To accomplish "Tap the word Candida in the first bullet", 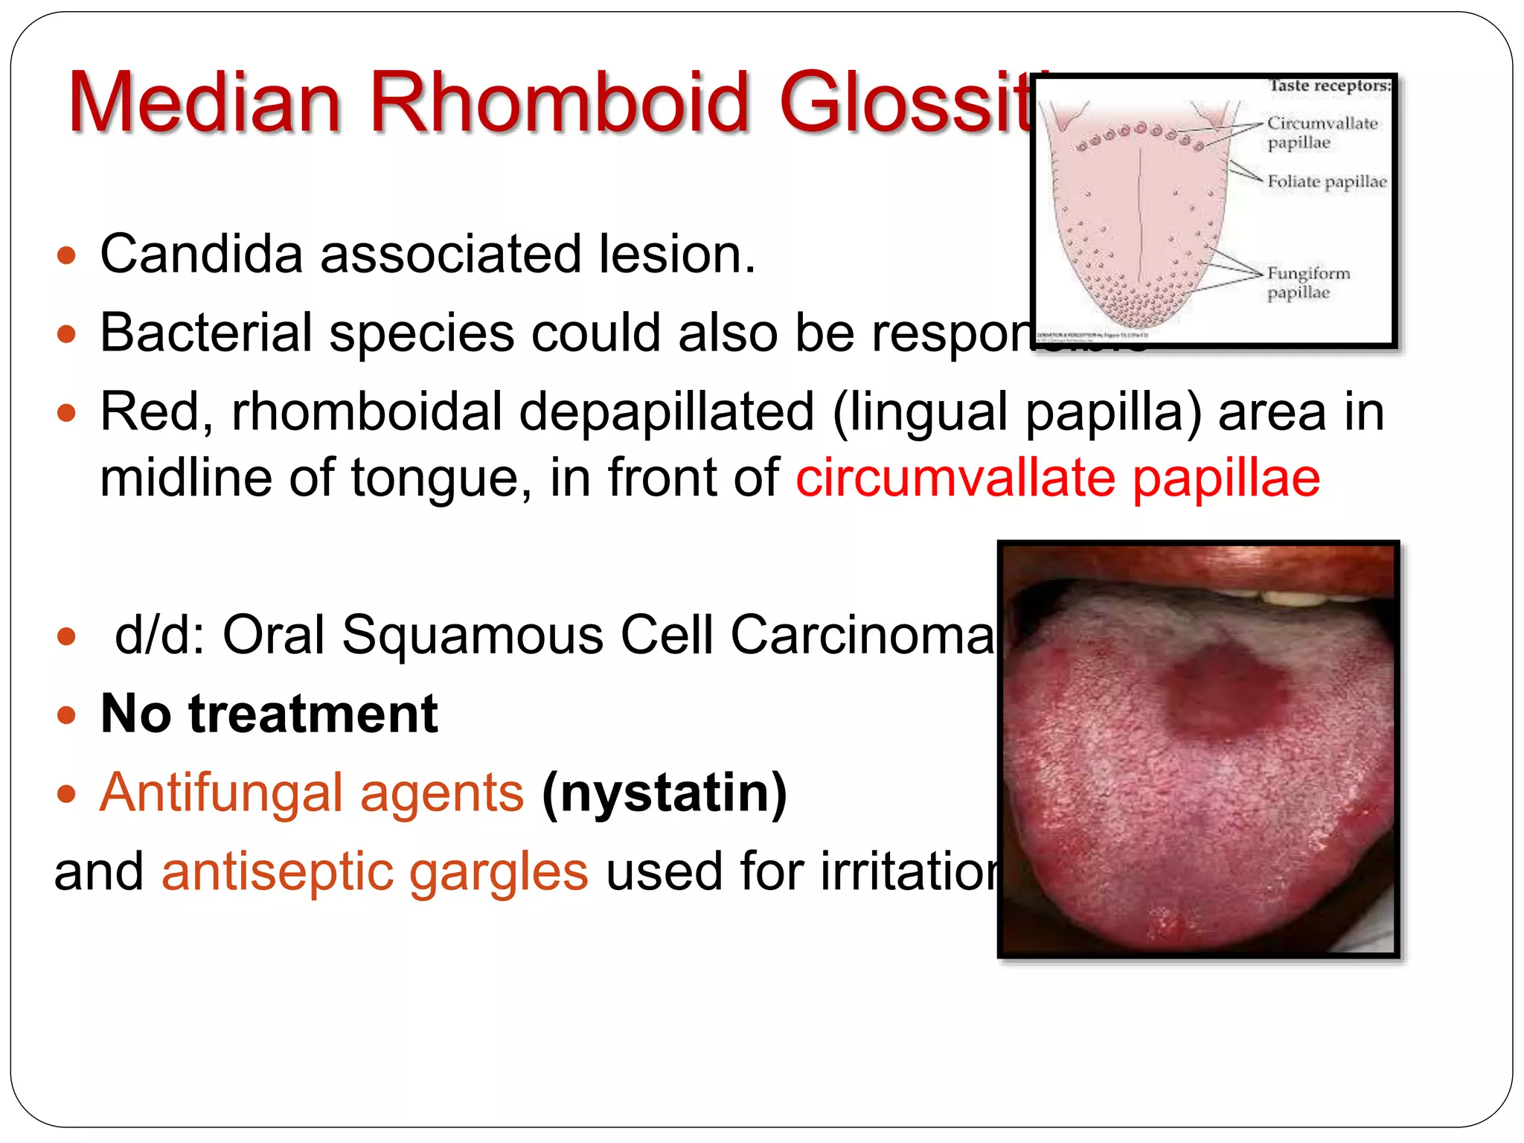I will pos(201,254).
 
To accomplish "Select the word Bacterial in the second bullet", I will pos(206,333).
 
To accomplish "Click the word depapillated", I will pos(666,412).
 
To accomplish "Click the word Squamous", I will pos(472,635).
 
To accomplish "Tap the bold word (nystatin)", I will pos(665,793).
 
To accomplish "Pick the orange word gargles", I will pos(499,872).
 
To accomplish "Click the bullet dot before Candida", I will pos(67,256).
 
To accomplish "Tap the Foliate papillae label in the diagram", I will pos(1326,182).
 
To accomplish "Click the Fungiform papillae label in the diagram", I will pos(1307,282).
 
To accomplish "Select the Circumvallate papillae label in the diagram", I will pos(1322,132).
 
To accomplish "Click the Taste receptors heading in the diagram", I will pos(1329,86).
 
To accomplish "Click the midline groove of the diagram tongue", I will pos(1140,223).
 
